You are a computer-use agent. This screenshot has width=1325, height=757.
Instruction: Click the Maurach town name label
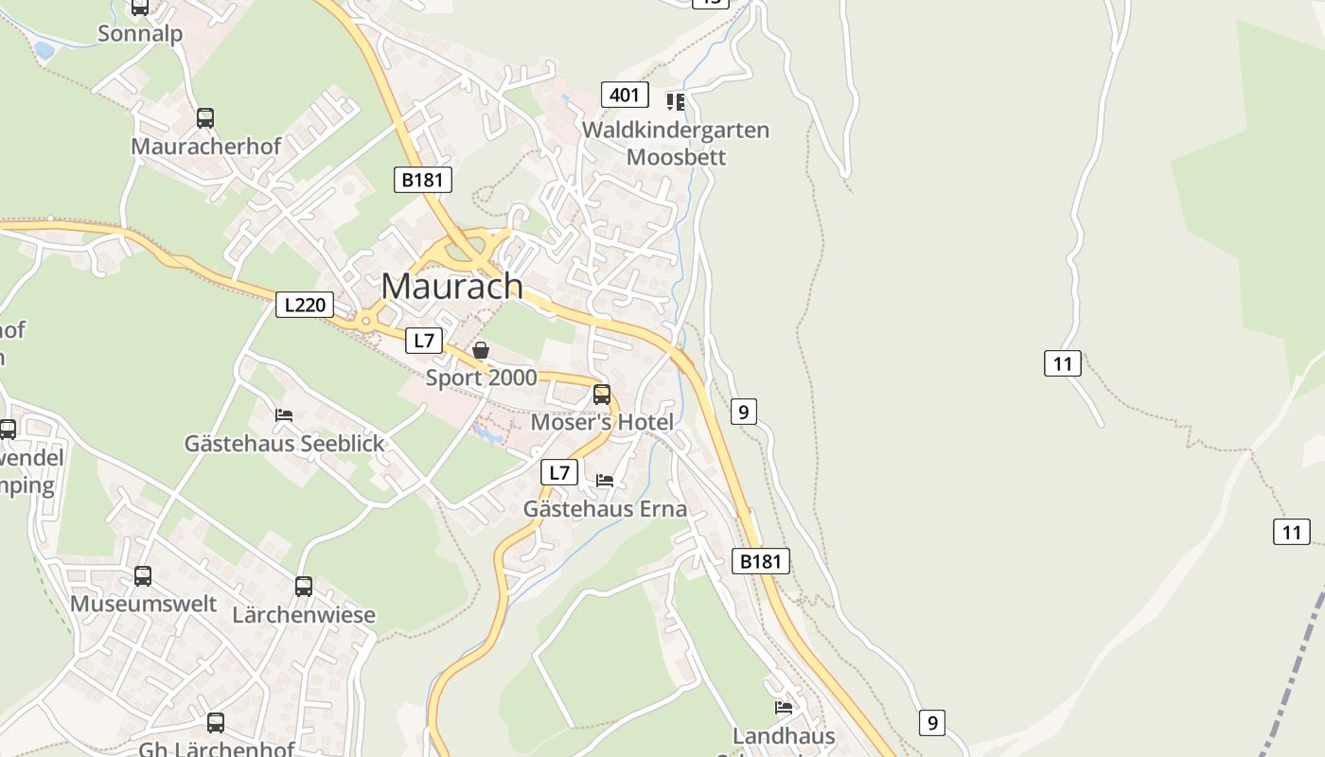451,286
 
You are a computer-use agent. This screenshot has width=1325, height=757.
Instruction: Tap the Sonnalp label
140,34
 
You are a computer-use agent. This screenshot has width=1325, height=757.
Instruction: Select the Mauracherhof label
205,147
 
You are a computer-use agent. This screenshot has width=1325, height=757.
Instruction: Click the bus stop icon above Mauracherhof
205,118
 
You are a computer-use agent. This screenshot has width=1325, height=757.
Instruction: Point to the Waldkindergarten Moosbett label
676,143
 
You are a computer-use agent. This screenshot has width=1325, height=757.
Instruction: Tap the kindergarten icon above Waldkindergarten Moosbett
675,101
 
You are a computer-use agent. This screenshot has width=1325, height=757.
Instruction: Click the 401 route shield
625,95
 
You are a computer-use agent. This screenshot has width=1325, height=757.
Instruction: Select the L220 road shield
305,305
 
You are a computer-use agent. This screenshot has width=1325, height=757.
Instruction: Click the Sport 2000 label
481,378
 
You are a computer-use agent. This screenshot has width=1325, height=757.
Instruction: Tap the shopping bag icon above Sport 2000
481,351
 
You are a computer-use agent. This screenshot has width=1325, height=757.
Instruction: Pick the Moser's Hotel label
602,422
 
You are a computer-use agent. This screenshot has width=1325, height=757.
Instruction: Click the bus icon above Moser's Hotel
602,395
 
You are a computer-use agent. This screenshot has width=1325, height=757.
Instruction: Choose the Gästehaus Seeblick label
285,443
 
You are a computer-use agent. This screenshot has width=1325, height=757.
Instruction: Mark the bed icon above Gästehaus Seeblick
284,415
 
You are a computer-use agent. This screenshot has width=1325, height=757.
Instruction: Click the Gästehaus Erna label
605,509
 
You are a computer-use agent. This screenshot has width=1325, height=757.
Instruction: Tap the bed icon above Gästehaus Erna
605,481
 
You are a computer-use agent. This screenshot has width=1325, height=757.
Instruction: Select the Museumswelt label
144,604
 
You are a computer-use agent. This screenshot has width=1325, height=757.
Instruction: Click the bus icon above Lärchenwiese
304,587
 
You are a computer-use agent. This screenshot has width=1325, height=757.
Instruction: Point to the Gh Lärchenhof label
217,749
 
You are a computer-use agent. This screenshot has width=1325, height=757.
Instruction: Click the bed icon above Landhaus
784,707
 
